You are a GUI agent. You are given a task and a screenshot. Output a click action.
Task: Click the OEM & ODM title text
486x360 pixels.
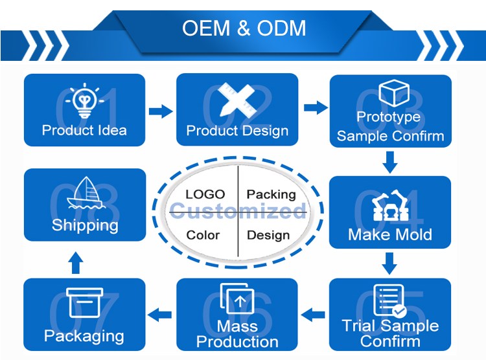(x=244, y=29)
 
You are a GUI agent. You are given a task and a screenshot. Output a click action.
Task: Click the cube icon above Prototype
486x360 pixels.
(x=391, y=93)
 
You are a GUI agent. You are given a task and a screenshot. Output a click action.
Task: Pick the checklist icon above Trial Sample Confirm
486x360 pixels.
(x=389, y=300)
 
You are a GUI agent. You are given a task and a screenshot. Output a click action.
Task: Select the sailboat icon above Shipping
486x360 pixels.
(x=84, y=194)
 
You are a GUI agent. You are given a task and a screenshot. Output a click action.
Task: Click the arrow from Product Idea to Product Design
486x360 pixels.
(x=161, y=111)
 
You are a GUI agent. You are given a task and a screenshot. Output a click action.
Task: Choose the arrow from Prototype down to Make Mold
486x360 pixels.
(x=389, y=162)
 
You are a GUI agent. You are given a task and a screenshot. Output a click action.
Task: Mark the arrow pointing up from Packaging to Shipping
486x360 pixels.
(x=76, y=262)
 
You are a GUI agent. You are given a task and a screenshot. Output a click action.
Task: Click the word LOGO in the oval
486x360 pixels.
(x=205, y=194)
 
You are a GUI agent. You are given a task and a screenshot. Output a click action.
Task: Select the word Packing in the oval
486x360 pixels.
(x=271, y=194)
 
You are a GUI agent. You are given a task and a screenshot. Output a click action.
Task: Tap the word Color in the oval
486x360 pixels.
(x=203, y=235)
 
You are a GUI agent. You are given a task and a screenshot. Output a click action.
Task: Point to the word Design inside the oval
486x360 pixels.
(x=268, y=235)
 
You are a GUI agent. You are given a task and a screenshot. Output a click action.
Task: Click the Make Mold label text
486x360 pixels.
(x=389, y=234)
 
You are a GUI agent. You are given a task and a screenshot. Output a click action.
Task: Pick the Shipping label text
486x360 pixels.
(x=85, y=225)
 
